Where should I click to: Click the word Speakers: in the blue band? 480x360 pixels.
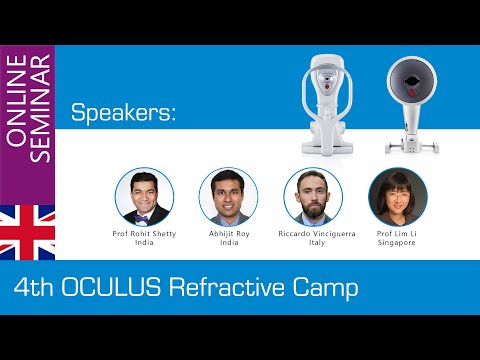(123, 114)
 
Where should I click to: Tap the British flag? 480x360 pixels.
(27, 233)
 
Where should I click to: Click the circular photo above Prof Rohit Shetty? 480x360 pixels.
(144, 196)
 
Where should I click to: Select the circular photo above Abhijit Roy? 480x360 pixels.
(228, 196)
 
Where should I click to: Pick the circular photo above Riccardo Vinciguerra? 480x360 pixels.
(313, 196)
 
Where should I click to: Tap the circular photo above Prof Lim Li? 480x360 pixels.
(398, 196)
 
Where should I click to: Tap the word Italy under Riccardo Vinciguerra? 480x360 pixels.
(313, 242)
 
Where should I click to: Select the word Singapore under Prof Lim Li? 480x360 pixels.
(398, 242)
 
